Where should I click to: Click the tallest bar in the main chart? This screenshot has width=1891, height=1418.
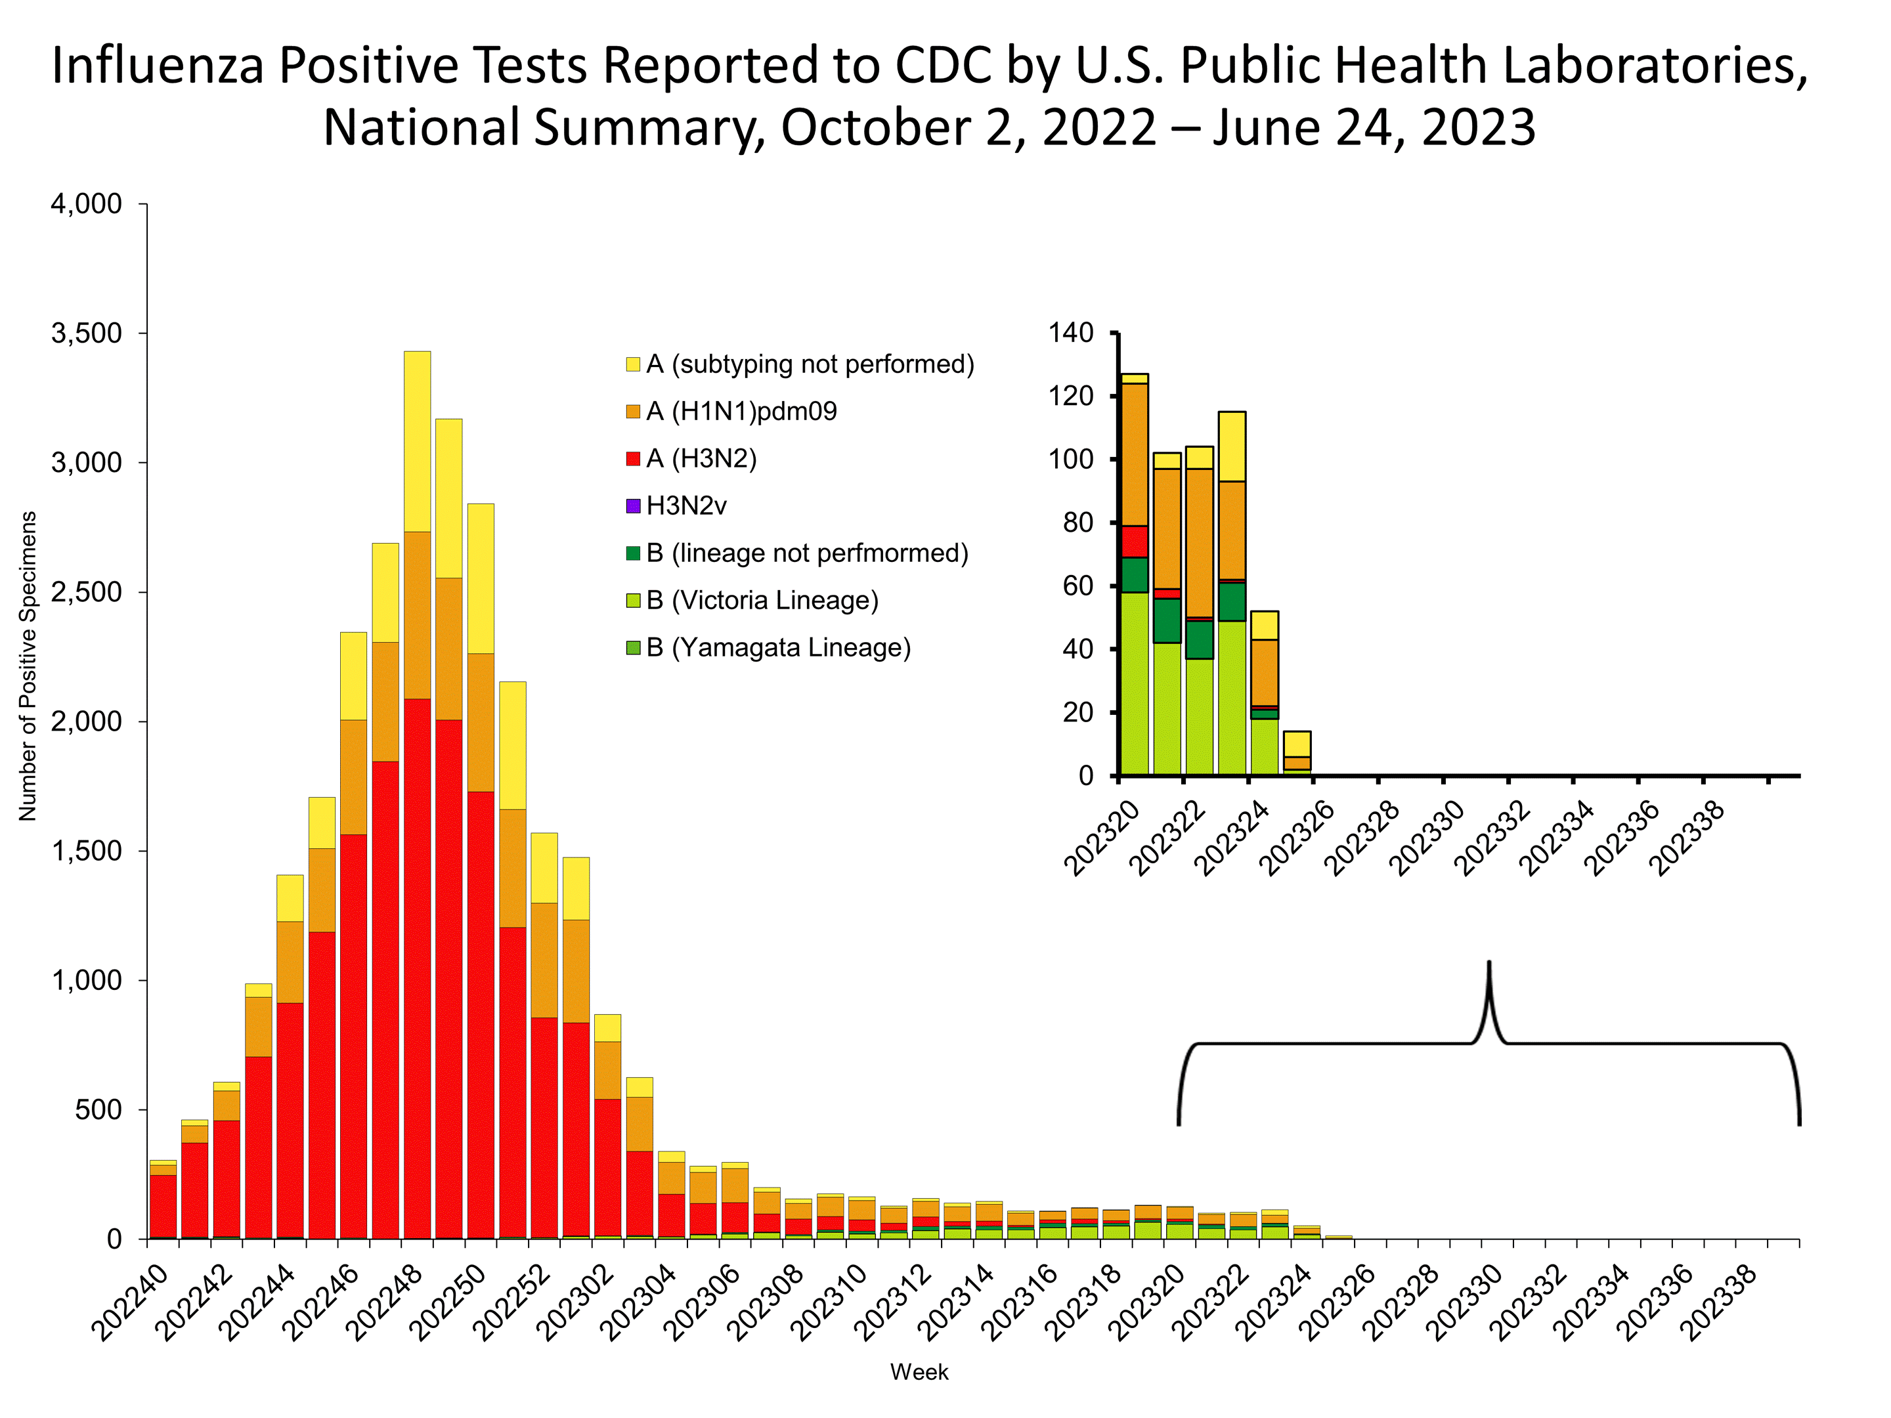tap(417, 795)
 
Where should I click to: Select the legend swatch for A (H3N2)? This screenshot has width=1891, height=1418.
tap(634, 459)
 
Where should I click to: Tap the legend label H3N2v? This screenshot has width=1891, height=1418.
tap(685, 506)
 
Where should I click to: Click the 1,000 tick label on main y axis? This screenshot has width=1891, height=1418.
tap(87, 980)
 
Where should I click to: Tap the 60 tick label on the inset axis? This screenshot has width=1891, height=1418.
tap(1078, 586)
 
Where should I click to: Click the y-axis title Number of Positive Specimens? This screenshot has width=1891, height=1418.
tap(28, 667)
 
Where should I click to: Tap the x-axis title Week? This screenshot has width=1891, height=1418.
tap(919, 1372)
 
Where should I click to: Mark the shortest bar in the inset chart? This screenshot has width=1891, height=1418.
tap(1297, 753)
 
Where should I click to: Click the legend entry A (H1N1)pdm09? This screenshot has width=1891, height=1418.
tap(741, 411)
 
